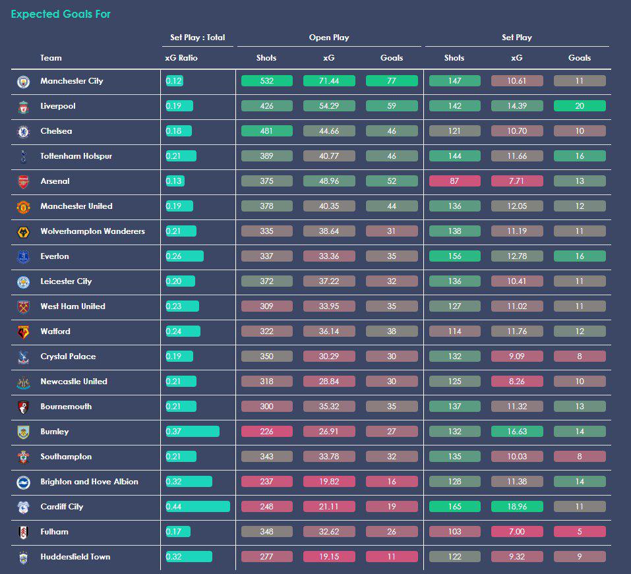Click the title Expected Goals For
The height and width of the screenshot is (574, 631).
pos(61,14)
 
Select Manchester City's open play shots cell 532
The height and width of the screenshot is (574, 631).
pos(267,81)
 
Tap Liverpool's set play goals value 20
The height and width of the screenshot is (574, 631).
pos(580,106)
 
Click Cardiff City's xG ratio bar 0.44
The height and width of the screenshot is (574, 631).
pos(198,506)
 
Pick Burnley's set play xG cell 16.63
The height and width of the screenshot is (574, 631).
pos(517,431)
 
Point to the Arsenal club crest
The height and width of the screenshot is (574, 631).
pos(23,181)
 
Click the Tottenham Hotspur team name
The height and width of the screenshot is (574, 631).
pos(76,156)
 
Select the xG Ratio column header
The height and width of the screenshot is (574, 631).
pos(181,58)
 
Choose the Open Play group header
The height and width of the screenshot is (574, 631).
pos(329,38)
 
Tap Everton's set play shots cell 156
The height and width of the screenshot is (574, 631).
pos(455,256)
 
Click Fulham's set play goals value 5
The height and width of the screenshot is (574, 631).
pos(580,531)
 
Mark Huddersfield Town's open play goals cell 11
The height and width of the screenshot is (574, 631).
pos(392,557)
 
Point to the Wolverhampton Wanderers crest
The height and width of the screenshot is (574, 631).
pos(23,232)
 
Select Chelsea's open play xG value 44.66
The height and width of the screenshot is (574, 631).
pos(329,130)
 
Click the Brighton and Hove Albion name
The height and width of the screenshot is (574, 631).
pos(89,482)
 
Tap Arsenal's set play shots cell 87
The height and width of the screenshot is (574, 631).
pos(455,181)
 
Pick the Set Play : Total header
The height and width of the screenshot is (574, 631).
pos(198,38)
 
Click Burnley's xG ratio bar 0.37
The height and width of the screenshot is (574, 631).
pos(193,431)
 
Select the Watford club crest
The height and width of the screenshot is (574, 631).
pos(23,332)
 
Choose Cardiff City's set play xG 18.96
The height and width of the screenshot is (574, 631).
pos(517,506)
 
